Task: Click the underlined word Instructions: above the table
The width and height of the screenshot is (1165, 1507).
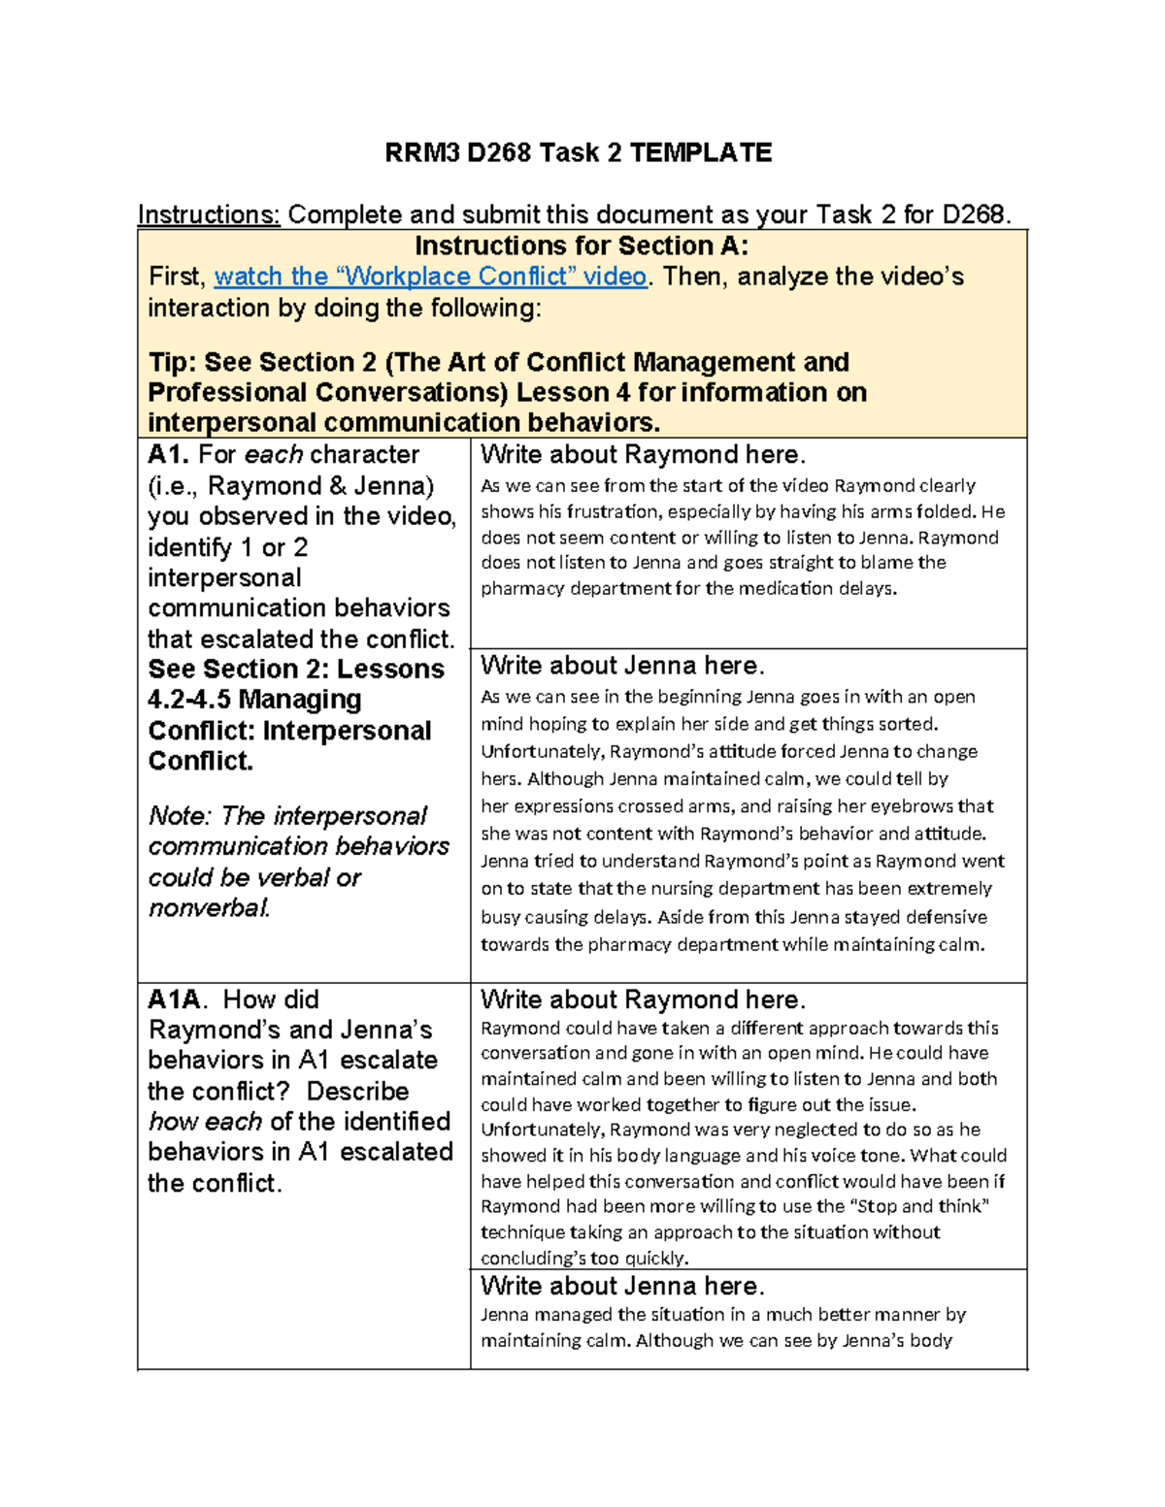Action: tap(209, 214)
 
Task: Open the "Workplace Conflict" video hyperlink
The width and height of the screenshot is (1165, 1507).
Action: tap(430, 277)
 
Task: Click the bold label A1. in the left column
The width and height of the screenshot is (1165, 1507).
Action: tap(169, 454)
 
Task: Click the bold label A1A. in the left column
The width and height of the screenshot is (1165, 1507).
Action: tap(177, 999)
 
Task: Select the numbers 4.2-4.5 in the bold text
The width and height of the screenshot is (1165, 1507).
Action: tap(188, 700)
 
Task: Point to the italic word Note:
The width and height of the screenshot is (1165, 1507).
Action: tap(180, 815)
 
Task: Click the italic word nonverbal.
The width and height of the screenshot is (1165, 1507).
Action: tap(209, 907)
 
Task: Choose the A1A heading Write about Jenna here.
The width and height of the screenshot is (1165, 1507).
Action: tap(622, 1286)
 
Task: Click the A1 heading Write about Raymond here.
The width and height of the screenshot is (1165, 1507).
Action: tap(643, 454)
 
